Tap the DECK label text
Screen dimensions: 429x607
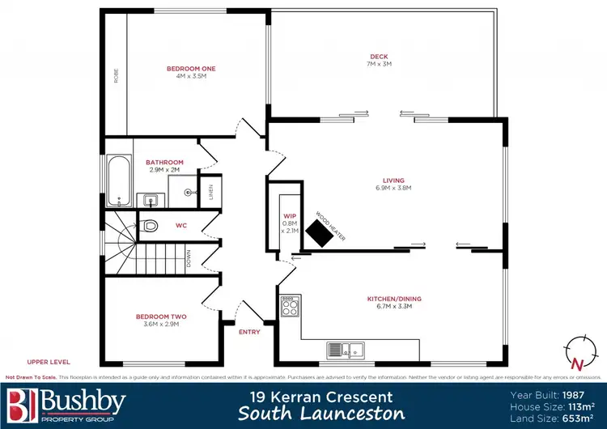click(379, 57)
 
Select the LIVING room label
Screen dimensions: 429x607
click(394, 181)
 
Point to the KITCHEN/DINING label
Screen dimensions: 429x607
click(394, 299)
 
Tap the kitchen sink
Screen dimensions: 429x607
click(345, 350)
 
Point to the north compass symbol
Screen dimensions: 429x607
click(576, 349)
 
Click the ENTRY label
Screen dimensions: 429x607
click(248, 331)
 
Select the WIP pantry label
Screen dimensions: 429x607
click(290, 216)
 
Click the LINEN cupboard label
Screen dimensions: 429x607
click(210, 191)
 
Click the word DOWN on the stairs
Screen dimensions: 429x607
click(189, 258)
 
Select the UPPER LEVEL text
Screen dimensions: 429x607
click(49, 361)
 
